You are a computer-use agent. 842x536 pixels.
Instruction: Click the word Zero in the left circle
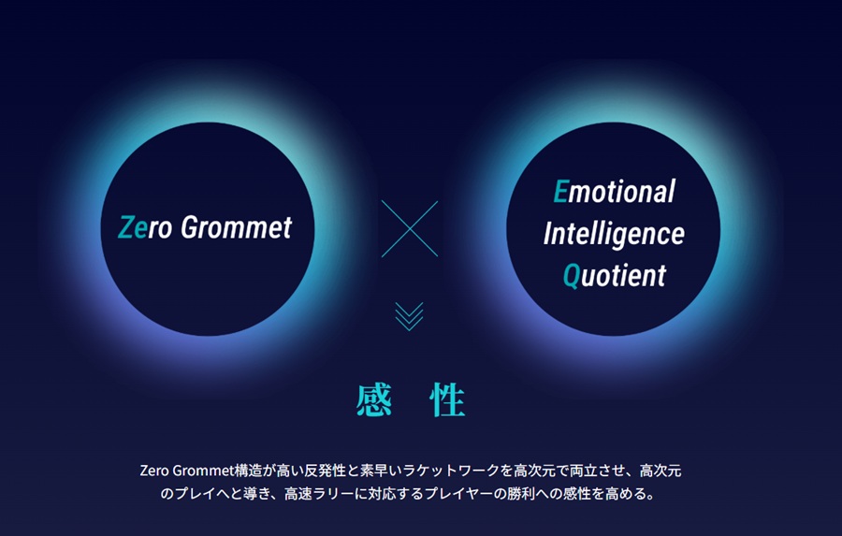click(145, 227)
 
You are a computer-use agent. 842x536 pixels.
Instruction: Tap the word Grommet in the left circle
click(237, 227)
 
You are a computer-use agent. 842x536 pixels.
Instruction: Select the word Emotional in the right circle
click(615, 192)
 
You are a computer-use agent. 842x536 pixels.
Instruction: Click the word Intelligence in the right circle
click(614, 234)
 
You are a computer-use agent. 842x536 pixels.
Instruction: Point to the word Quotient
click(615, 276)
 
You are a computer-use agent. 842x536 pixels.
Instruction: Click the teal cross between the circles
click(410, 229)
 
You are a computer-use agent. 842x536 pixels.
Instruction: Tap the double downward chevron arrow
click(409, 316)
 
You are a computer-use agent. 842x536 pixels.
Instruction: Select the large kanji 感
click(373, 400)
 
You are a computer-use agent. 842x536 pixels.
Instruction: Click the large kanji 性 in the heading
click(447, 400)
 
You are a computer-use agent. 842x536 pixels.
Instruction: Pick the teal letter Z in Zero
click(125, 227)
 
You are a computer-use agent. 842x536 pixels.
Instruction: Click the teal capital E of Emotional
click(561, 192)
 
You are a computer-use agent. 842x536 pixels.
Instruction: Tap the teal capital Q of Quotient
click(572, 277)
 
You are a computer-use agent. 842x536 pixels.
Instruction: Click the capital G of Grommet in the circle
click(190, 227)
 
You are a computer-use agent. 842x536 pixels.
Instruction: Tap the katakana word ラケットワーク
click(451, 471)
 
